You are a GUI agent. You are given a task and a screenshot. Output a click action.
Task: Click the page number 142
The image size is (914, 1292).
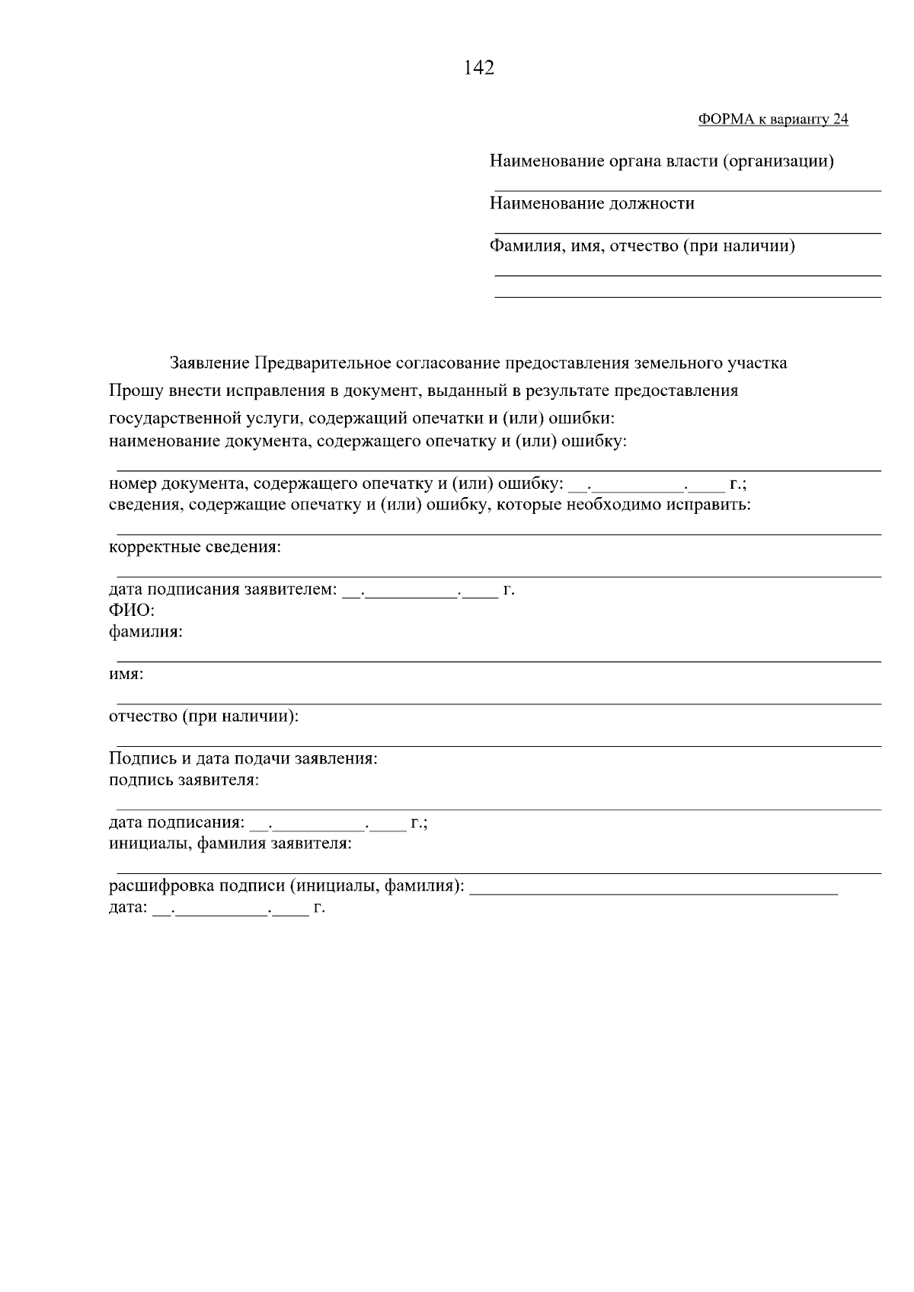point(479,69)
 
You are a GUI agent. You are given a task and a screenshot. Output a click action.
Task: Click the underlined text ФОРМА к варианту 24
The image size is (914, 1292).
point(772,120)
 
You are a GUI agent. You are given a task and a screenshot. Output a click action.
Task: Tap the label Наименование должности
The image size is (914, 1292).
point(591,203)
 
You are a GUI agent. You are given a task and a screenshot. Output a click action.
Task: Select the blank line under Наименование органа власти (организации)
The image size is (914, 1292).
point(687,190)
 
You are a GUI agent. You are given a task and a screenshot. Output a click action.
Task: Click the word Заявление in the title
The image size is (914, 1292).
point(209,363)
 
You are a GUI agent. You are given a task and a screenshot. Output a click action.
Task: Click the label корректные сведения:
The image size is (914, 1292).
point(194,547)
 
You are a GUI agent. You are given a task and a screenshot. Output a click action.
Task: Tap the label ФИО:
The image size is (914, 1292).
point(132,611)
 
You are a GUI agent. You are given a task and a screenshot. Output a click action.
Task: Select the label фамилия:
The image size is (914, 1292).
point(145,632)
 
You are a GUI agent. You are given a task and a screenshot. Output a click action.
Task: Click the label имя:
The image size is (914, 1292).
point(126,675)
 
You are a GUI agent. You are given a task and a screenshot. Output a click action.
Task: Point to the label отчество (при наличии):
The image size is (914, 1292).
point(203,717)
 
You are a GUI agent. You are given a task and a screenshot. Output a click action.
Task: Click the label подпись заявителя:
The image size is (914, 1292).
point(184,780)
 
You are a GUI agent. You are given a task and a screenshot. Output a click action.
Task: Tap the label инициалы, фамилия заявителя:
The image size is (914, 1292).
point(230,844)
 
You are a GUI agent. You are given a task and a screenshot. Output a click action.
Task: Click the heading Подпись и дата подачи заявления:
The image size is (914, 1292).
point(243,759)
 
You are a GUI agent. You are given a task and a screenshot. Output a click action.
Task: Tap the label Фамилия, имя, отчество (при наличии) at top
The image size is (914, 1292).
point(642,246)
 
